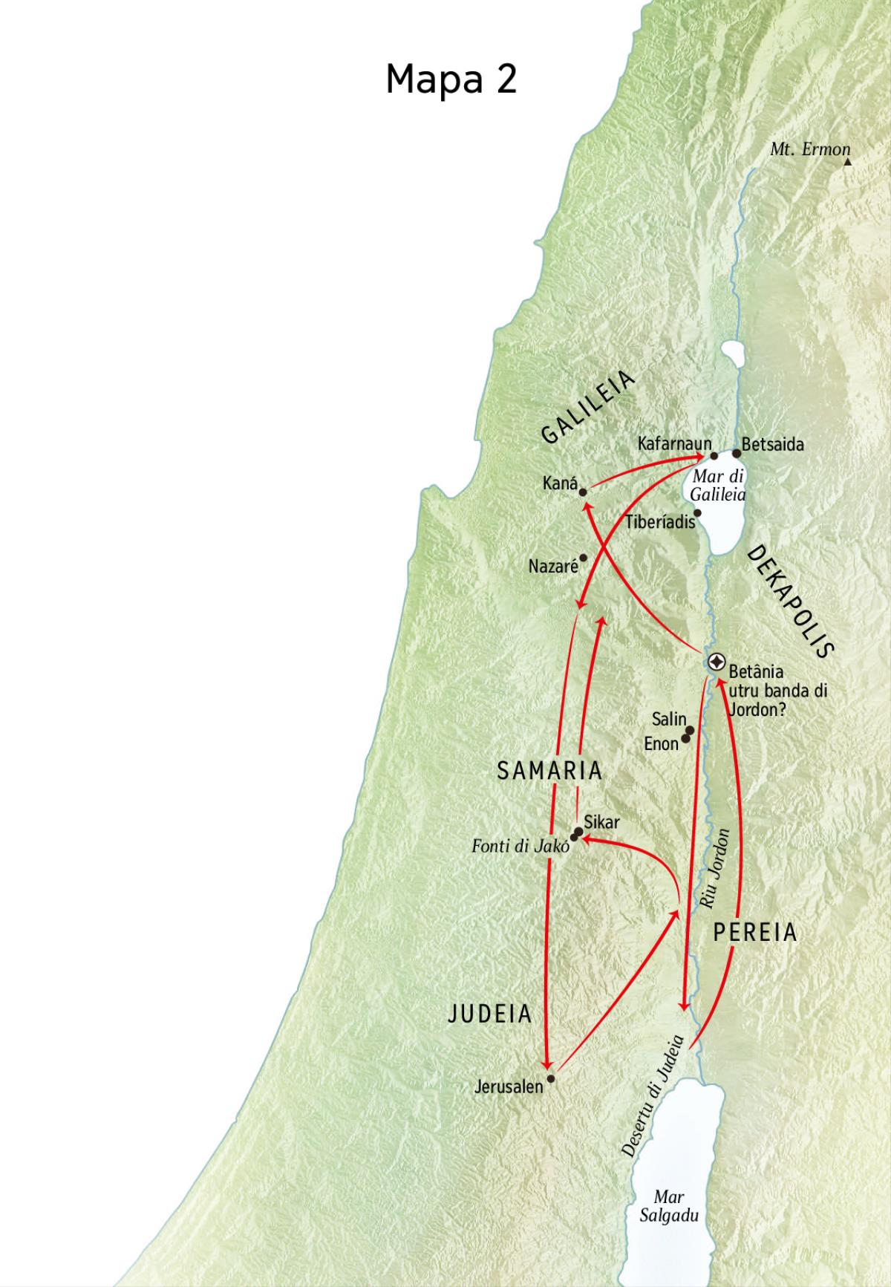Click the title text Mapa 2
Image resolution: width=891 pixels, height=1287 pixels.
451,79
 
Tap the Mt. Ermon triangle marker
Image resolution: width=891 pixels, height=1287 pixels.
847,161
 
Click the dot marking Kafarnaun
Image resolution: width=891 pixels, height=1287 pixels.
714,456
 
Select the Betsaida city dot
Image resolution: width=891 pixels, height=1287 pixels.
737,453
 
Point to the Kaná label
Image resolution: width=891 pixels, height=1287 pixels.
560,484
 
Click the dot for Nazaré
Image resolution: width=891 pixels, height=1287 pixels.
583,558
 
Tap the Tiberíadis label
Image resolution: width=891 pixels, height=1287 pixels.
660,522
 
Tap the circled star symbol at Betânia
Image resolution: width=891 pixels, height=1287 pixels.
717,662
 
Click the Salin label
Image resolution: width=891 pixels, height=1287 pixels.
669,719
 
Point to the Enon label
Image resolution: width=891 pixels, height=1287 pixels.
662,743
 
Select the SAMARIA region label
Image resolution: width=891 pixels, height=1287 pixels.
549,771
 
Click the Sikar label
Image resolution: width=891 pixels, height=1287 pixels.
601,823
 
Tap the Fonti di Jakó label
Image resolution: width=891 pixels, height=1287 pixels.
520,846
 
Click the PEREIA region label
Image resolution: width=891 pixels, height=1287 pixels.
754,933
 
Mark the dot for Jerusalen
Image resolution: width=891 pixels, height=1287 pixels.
550,1078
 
